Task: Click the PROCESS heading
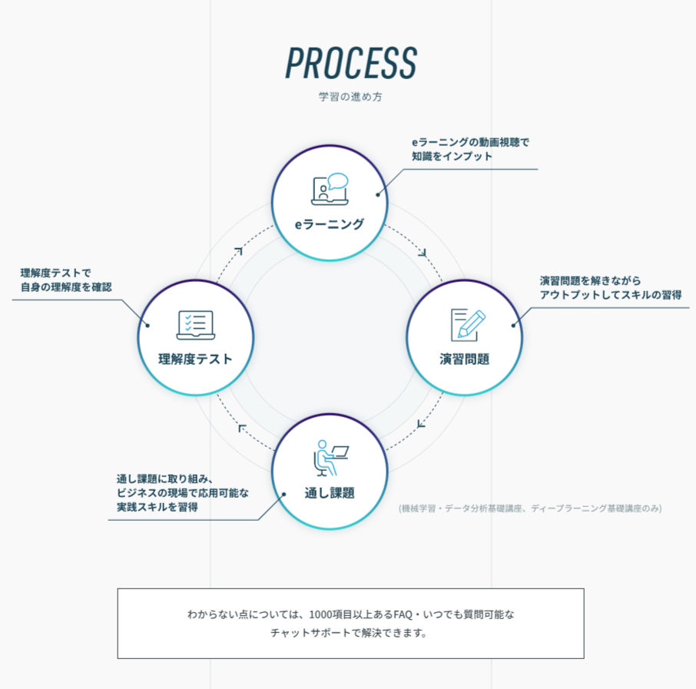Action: [x=351, y=62]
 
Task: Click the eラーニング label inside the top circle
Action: [x=330, y=224]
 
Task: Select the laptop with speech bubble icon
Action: [x=330, y=190]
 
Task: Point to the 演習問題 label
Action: [x=464, y=359]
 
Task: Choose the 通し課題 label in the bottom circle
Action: [x=330, y=493]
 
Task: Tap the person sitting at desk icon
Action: [x=330, y=459]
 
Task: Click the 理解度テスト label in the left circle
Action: [x=195, y=359]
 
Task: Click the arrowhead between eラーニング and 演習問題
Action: [x=423, y=251]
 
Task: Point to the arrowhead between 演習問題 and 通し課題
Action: [x=421, y=423]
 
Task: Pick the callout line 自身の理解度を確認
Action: [x=66, y=287]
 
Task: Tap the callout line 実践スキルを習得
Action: [x=162, y=507]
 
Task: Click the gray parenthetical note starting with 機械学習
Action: [x=530, y=508]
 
